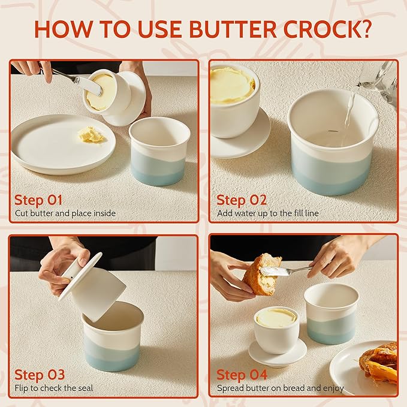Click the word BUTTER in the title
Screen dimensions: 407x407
233,29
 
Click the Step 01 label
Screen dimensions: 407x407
38,200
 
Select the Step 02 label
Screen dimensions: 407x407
242,200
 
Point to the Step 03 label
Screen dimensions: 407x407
40,375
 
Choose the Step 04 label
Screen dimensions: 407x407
242,375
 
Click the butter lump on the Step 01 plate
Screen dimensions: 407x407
91,135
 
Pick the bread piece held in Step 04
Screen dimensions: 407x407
261,275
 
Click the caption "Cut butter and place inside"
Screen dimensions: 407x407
65,213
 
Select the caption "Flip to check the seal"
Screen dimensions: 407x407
54,388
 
